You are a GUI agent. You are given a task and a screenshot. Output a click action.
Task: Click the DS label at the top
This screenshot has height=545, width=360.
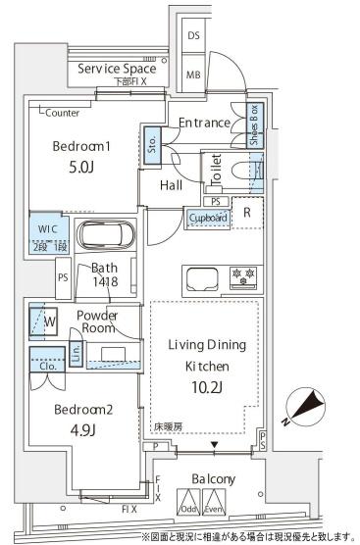coord(194,35)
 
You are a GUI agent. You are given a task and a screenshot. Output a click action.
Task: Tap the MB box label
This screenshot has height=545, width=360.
coord(194,74)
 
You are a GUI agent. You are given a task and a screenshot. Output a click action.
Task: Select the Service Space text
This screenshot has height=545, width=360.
coord(118,70)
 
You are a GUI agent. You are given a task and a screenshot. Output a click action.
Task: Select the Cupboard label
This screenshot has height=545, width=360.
coord(208,217)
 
